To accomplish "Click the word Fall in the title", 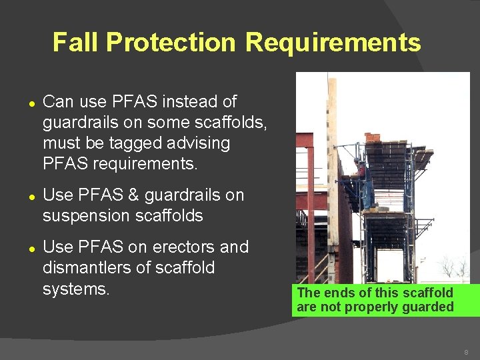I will [x=75, y=43].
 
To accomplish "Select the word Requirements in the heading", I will [x=333, y=43].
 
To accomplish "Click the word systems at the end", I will [x=75, y=289].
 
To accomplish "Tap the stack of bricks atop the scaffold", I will [x=373, y=138].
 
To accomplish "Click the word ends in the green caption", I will [x=333, y=293].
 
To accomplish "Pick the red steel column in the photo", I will [x=311, y=200].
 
